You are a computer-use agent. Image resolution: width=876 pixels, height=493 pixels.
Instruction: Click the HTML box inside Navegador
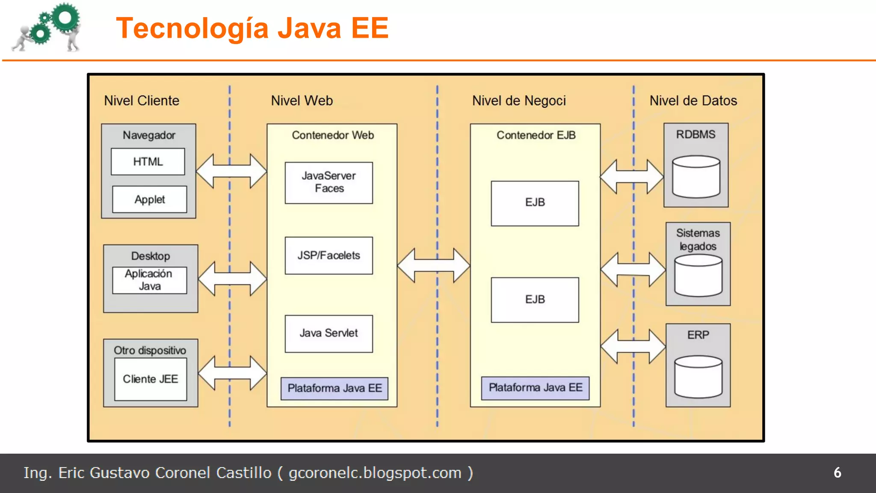(x=148, y=162)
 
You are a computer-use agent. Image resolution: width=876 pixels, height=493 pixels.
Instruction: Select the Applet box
(x=149, y=199)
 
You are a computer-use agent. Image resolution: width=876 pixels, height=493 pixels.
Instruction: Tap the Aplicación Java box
(x=149, y=280)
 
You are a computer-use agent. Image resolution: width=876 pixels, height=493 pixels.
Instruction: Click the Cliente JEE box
(x=151, y=379)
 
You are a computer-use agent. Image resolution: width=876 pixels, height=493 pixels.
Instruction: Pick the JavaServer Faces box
(x=328, y=183)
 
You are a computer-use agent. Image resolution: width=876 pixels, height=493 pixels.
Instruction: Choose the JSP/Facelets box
(x=328, y=255)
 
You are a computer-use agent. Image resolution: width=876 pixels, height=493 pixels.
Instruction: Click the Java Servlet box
(x=328, y=333)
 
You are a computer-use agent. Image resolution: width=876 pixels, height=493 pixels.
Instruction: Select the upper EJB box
(x=535, y=203)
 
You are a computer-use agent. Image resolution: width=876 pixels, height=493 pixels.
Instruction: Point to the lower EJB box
(x=535, y=300)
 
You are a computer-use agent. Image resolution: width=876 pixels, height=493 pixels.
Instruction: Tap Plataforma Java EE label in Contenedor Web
(x=334, y=388)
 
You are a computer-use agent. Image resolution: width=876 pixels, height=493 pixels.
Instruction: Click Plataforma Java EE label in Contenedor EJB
(x=535, y=388)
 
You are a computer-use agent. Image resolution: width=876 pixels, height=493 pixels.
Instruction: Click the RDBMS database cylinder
(x=696, y=177)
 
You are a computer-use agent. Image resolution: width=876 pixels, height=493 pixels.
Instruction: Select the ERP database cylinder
(x=698, y=377)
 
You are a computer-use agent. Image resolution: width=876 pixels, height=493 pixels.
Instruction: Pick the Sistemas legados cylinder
(x=698, y=275)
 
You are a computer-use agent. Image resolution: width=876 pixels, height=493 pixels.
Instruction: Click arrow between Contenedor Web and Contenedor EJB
(x=433, y=265)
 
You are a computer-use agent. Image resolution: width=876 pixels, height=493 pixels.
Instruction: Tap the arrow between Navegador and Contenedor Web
(x=231, y=171)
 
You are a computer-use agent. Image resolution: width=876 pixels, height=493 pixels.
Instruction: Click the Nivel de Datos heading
(x=693, y=101)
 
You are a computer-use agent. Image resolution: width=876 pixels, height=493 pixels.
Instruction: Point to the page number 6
(x=837, y=472)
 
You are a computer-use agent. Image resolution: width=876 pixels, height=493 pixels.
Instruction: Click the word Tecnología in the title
(x=192, y=28)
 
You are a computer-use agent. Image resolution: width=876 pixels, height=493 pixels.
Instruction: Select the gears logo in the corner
(x=47, y=27)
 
